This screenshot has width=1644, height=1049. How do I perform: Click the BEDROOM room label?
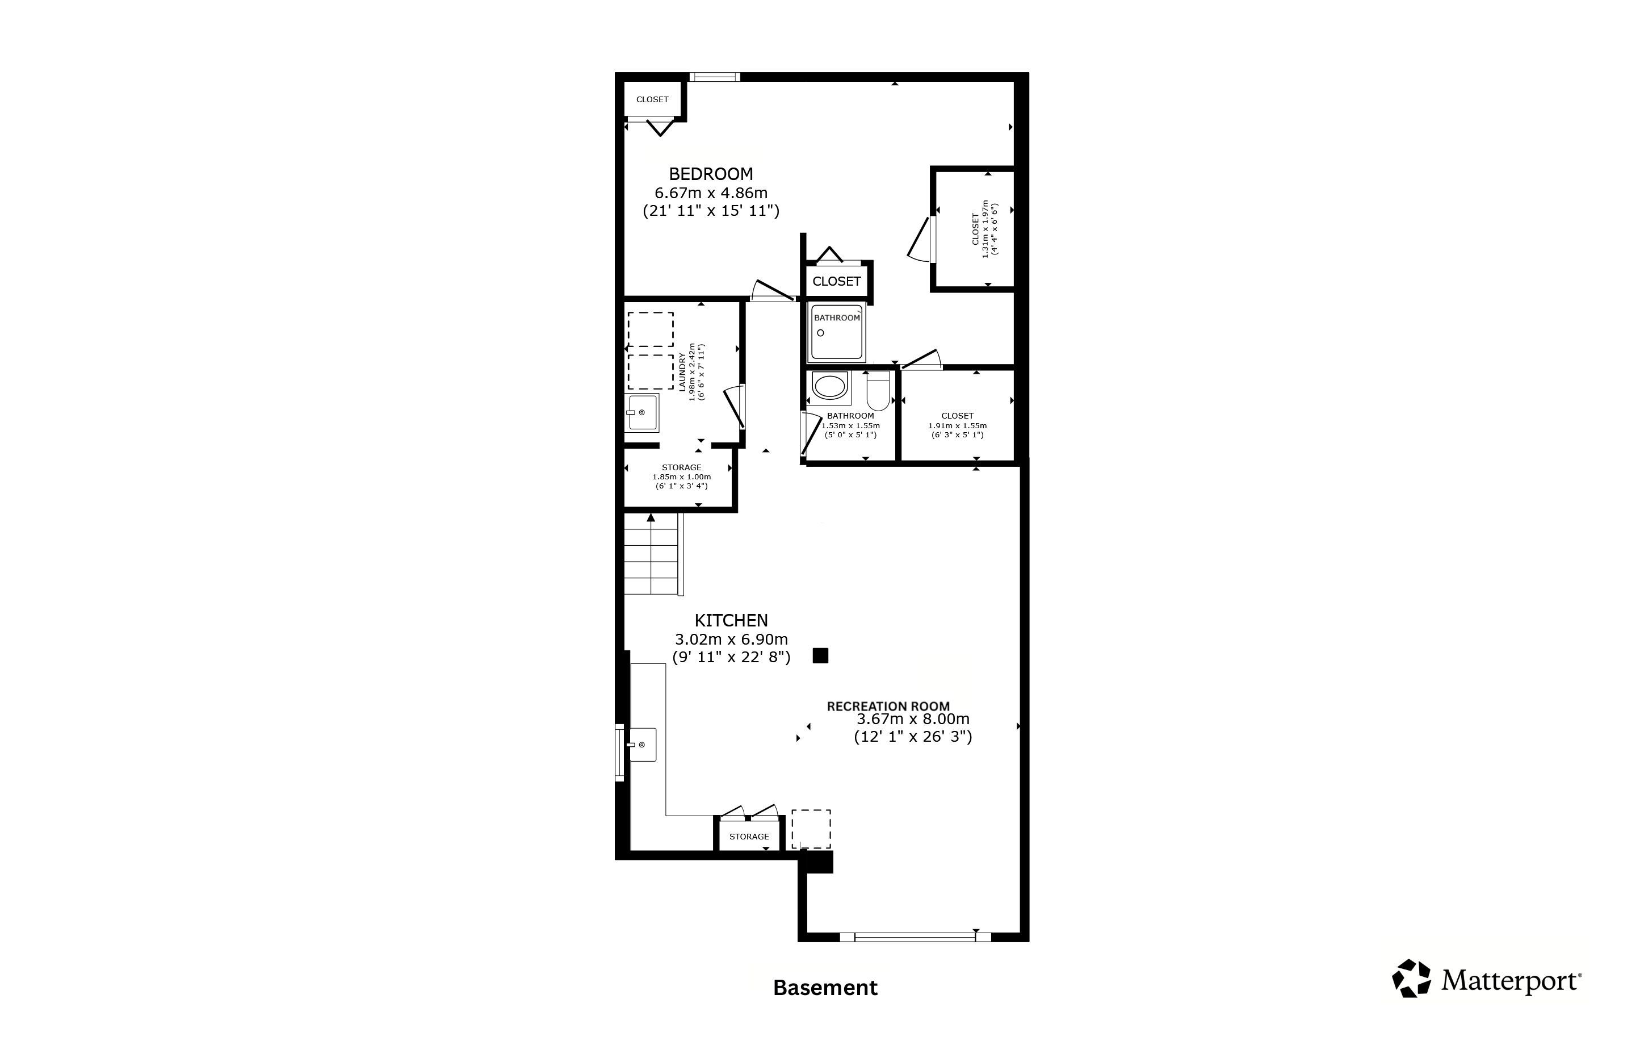711,174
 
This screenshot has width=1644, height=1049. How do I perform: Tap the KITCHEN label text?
731,620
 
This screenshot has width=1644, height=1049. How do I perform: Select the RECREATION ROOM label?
888,706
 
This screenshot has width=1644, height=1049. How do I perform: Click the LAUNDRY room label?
681,371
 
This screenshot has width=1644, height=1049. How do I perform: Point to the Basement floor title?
825,988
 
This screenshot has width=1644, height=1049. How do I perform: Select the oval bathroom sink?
829,387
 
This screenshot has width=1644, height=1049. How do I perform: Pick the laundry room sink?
643,412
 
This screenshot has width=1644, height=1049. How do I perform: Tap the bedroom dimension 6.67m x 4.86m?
711,193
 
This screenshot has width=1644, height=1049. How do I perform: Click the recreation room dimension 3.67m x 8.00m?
913,719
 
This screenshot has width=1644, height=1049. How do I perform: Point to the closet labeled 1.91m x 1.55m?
957,416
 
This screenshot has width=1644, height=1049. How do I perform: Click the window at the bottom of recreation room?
916,937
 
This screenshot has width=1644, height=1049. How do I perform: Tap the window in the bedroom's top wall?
714,77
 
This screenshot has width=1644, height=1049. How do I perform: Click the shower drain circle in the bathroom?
821,333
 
